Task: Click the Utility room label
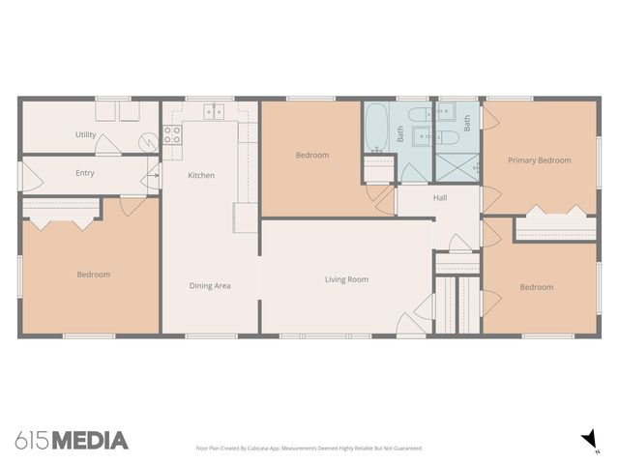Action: tap(85, 134)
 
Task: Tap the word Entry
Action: tap(85, 173)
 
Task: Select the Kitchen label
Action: tap(201, 175)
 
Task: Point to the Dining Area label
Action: tap(210, 285)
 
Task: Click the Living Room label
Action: tap(345, 279)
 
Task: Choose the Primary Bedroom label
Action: tap(540, 160)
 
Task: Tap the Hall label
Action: tap(440, 197)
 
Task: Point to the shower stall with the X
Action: tap(457, 166)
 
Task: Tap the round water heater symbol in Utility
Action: tap(147, 141)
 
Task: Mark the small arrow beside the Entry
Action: tap(154, 176)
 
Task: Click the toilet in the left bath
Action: tap(417, 136)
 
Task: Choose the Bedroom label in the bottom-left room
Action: tap(94, 275)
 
